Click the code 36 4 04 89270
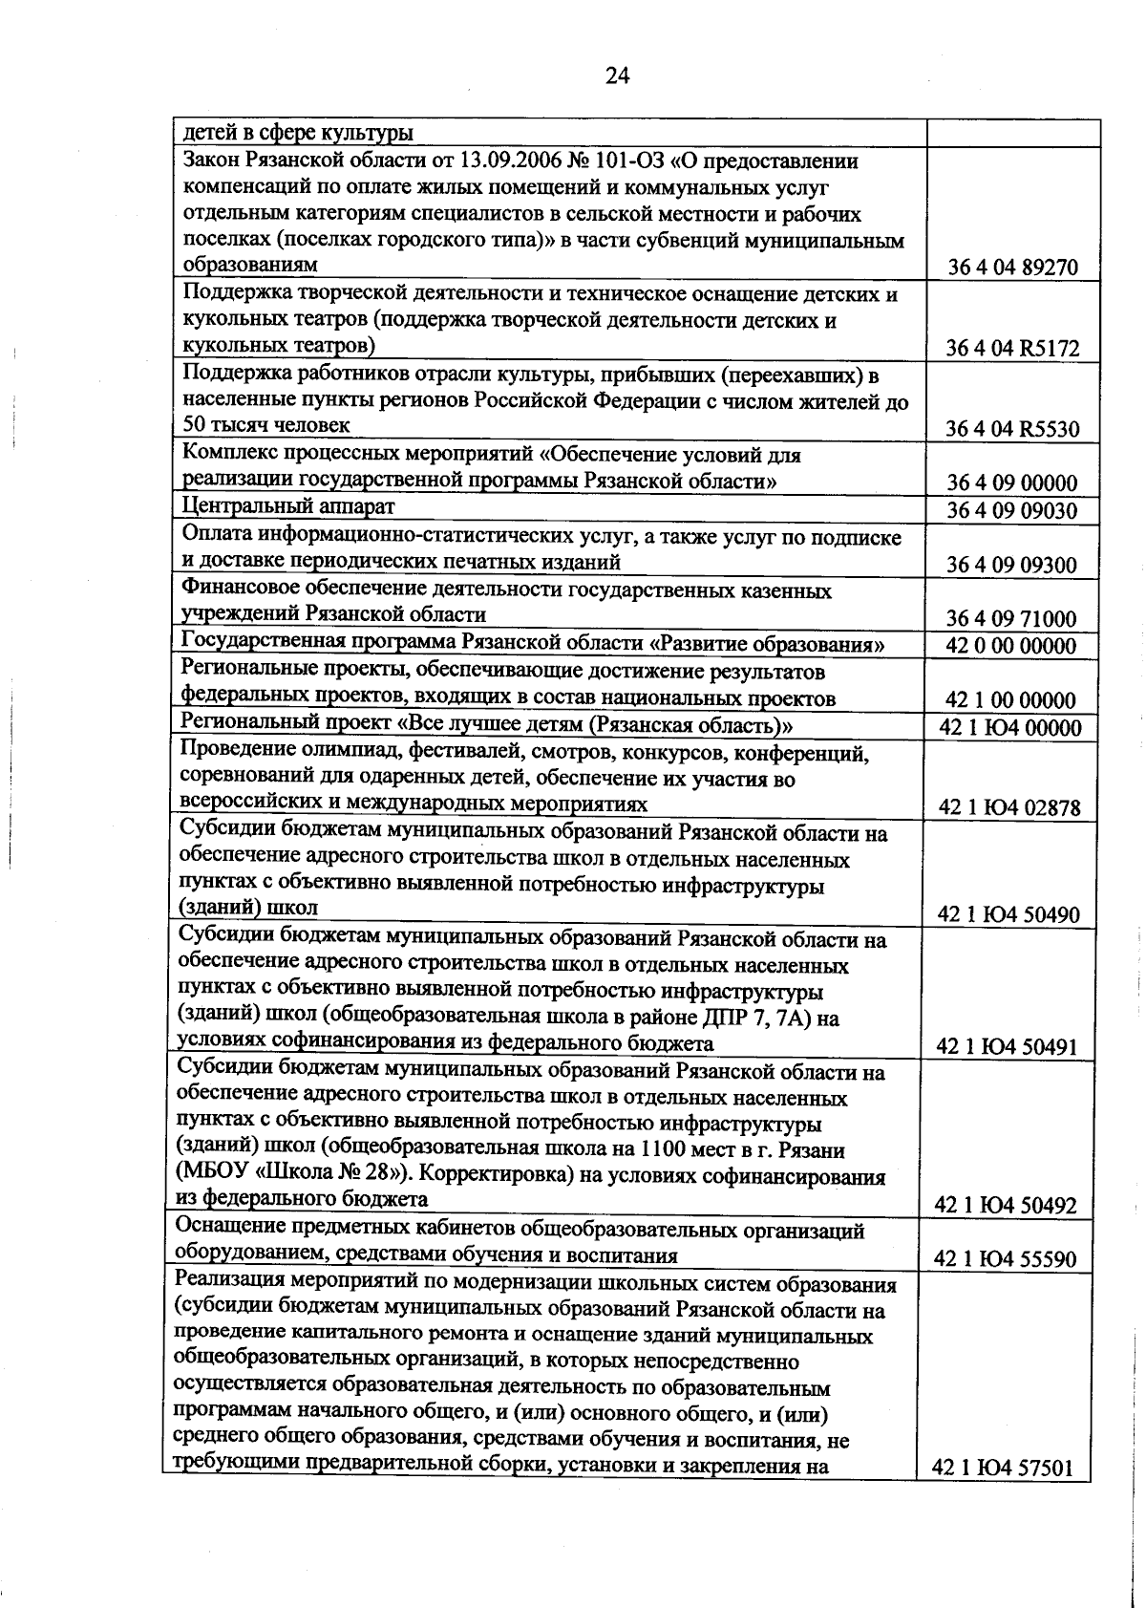click(1012, 268)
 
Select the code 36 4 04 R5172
click(1012, 349)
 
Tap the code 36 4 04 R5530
click(1012, 429)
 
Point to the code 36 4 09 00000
click(1012, 482)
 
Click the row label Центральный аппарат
click(288, 506)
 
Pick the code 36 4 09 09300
click(1012, 565)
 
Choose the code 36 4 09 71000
click(1012, 618)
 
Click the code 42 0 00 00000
click(1011, 646)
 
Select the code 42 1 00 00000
click(1011, 700)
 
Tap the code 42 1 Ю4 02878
click(1010, 808)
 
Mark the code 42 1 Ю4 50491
click(1008, 1047)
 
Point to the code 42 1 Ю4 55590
click(1008, 1259)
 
